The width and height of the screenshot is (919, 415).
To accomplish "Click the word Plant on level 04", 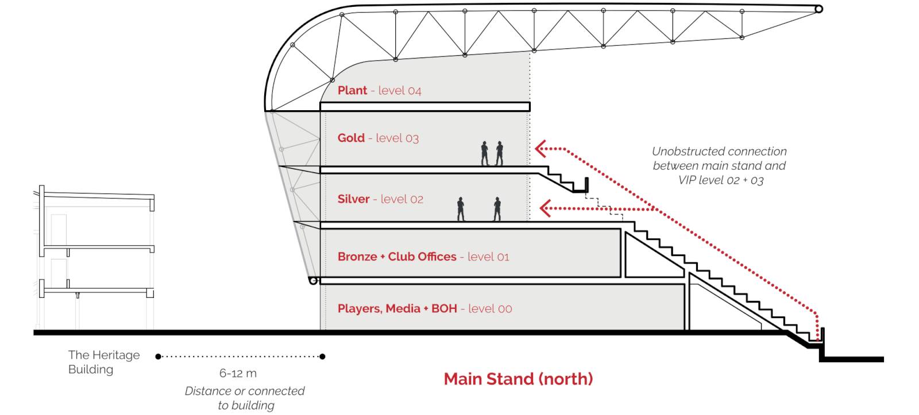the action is coord(352,90).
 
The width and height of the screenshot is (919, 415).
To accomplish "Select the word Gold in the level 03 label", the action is coord(351,138).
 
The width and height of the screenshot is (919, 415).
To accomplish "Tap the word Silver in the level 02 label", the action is coord(354,199).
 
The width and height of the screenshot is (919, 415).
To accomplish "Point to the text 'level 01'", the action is coord(488,257).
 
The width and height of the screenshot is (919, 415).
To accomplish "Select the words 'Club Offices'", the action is coord(422,257).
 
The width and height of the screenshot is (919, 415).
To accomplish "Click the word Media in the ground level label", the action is coord(403,308).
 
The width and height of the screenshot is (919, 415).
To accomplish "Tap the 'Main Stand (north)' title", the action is coord(519,379).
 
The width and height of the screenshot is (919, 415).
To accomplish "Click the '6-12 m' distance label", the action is coord(238,373).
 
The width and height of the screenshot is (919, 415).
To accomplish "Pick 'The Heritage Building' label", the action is coord(104,362).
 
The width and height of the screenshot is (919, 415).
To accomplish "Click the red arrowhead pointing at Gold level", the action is coord(540,149).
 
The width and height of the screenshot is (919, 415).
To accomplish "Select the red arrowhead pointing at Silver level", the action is coord(545,208).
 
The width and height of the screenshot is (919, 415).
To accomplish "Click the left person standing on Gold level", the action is coord(485,153).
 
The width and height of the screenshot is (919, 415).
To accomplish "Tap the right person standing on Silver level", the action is coord(497,209).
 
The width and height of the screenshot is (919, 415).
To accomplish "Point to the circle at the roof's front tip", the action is coord(818,9).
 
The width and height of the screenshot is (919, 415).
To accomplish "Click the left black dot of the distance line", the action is coord(159,357).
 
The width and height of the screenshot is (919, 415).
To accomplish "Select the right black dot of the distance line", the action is coord(322,357).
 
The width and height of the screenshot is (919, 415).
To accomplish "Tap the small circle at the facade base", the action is coord(314,281).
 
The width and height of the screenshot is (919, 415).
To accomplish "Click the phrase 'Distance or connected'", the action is coord(245,391).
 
